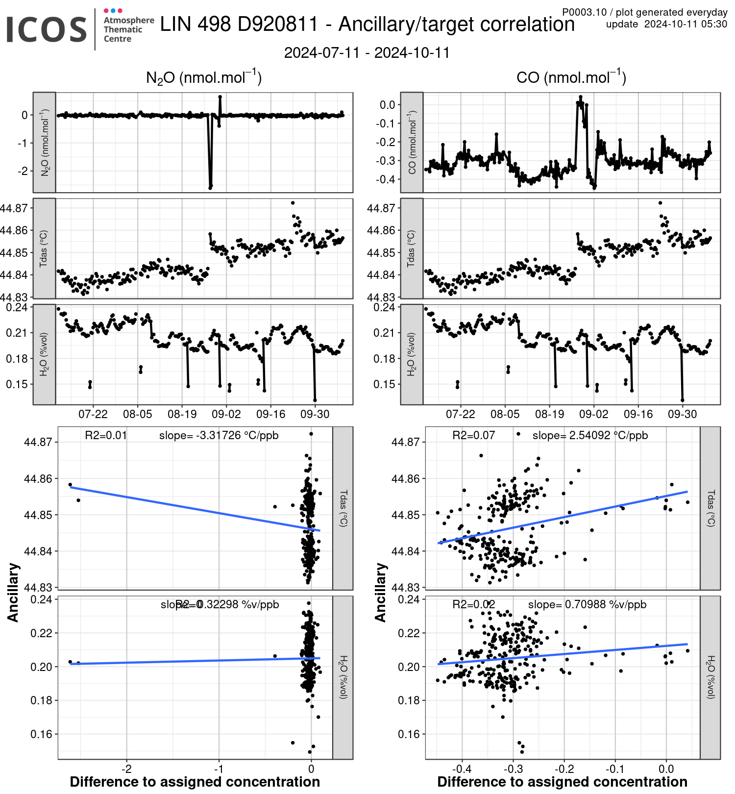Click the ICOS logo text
(47, 29)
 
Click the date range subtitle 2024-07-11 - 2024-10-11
(367, 53)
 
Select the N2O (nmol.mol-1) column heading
(204, 77)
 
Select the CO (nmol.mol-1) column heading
(571, 77)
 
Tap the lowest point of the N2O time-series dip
(210, 187)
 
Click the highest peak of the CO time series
(581, 97)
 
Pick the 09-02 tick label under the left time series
(226, 415)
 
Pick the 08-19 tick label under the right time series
(549, 415)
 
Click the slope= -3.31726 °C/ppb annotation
(219, 435)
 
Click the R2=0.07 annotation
(473, 435)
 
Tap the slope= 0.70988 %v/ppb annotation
(587, 605)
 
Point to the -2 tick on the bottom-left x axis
(126, 769)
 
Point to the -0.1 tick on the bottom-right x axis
(614, 769)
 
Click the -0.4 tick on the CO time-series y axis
(386, 179)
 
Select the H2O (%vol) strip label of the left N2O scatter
(343, 677)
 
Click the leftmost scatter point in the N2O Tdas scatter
(70, 485)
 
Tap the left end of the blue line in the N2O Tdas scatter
(71, 487)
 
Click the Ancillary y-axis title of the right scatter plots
(381, 593)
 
